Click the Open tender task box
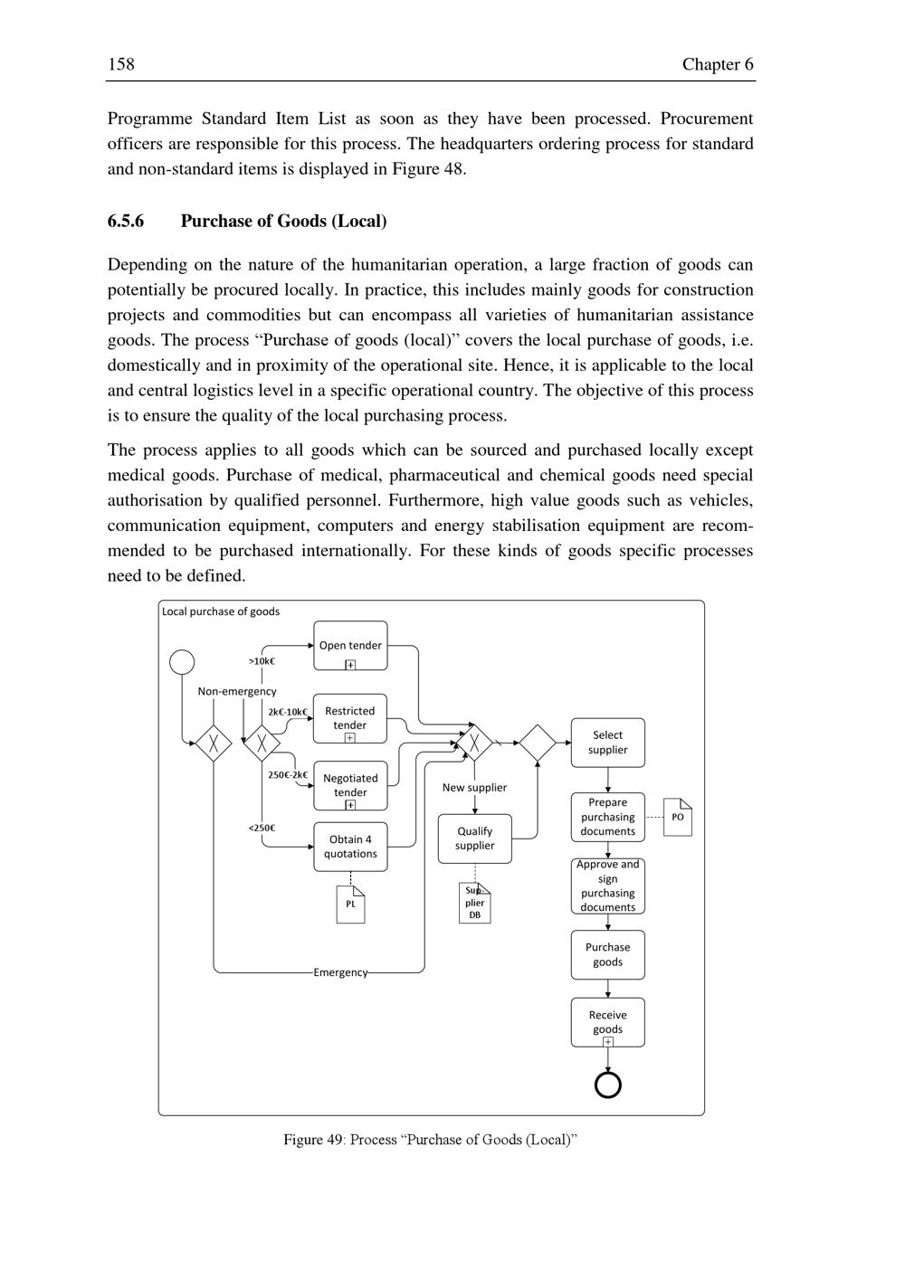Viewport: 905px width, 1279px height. click(x=350, y=645)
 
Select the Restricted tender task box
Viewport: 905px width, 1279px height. click(x=350, y=718)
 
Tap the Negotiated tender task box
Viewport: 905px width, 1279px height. click(x=350, y=785)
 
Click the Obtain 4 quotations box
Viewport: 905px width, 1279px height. click(x=350, y=847)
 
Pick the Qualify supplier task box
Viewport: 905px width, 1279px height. click(x=474, y=838)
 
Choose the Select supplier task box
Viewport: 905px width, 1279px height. click(x=607, y=743)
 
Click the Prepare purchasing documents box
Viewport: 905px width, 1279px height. click(x=607, y=817)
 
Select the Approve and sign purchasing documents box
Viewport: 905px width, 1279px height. click(x=607, y=886)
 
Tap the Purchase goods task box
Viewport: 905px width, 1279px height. click(x=607, y=954)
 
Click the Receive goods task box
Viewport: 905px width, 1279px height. click(x=607, y=1022)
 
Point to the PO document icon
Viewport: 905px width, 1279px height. click(x=678, y=817)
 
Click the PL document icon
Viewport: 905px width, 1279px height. click(x=350, y=904)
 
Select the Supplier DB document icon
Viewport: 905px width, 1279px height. click(x=474, y=903)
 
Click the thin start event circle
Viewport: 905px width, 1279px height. click(x=182, y=662)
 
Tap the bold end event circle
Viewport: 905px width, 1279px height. click(x=607, y=1084)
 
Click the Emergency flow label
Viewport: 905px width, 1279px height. click(x=340, y=972)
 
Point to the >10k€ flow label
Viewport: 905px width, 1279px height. click(x=262, y=661)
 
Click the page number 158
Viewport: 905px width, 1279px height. click(x=121, y=64)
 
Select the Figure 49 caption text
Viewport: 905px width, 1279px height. click(x=430, y=1140)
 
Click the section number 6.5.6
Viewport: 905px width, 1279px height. click(x=126, y=222)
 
